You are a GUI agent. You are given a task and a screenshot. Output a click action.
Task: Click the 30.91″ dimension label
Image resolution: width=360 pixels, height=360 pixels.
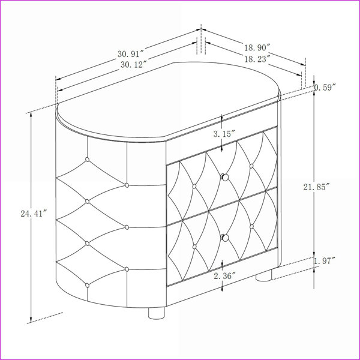coord(131,54)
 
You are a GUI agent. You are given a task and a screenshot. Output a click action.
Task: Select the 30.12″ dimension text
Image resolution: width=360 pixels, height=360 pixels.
coord(134,65)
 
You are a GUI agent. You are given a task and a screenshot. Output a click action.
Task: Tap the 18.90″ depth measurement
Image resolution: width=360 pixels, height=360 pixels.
coord(256,48)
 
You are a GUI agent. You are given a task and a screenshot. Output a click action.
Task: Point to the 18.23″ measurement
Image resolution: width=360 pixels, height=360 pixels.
coord(257,59)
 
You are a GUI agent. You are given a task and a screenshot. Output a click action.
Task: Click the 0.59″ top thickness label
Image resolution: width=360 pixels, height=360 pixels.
coord(325,88)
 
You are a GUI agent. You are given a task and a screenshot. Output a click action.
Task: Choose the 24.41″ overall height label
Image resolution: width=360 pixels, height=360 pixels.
coord(34,214)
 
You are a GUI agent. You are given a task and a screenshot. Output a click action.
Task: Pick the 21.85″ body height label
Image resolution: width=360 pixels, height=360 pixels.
coord(317,187)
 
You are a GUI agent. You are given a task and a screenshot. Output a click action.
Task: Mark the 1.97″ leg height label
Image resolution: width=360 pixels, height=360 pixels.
coord(325,261)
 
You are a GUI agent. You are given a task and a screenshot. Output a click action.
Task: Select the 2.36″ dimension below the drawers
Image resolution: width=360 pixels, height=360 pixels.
coord(225,276)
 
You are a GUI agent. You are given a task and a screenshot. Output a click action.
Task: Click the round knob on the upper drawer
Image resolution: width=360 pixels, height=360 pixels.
coord(225,177)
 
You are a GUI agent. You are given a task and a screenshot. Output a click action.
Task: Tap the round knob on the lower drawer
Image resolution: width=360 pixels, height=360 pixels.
coord(225,238)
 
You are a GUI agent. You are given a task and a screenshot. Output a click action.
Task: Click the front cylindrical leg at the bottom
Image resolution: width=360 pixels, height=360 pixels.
coord(157,313)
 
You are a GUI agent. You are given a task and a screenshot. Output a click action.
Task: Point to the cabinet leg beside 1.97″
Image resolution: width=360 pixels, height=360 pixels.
coord(264,275)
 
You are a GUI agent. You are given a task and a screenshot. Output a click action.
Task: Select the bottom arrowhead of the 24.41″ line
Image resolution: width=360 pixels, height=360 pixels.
coord(31,320)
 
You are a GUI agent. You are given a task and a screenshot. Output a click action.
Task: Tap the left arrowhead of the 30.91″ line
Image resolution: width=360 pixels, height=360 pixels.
coord(58,79)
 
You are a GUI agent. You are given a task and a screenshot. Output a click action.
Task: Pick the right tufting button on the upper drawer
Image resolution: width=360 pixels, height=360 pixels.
coord(251,166)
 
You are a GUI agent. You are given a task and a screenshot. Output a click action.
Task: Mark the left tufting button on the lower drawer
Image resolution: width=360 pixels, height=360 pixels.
coord(194,247)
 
